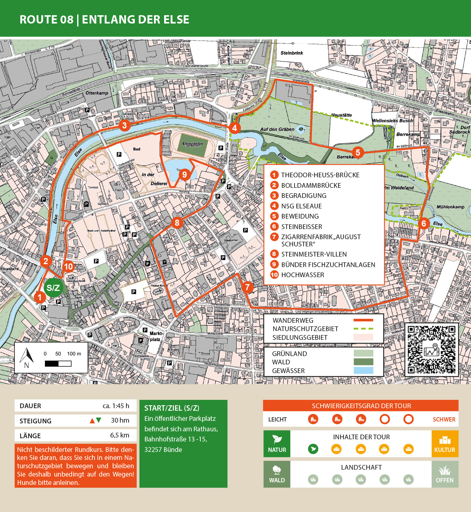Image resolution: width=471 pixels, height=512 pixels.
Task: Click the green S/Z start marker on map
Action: [53, 288]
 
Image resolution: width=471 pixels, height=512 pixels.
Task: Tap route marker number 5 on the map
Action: [358, 152]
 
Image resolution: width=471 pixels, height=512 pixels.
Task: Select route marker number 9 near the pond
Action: [184, 175]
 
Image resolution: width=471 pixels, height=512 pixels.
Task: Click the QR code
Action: [431, 350]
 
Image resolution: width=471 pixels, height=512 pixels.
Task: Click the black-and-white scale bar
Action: [58, 363]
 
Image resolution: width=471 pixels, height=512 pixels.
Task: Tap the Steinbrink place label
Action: [292, 53]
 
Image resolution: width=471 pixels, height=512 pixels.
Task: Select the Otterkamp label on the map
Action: [97, 93]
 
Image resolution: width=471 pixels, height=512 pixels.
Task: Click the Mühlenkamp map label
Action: [450, 207]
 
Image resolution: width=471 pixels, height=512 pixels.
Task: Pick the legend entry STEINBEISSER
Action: [301, 227]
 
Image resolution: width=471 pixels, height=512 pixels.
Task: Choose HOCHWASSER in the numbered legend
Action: [303, 275]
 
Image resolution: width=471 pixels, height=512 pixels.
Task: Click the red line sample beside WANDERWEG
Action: [363, 320]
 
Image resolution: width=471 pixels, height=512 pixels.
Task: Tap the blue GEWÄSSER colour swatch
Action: [363, 371]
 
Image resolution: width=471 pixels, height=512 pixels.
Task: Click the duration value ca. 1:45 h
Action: [116, 406]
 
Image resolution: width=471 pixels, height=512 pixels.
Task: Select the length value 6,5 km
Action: [120, 435]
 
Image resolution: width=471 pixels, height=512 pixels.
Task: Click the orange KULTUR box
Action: [445, 444]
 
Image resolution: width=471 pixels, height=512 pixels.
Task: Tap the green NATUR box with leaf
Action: [277, 444]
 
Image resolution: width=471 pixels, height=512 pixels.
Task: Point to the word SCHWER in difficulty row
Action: [444, 419]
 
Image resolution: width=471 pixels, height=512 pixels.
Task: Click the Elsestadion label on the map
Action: [193, 144]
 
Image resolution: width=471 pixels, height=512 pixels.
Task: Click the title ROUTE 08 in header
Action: [46, 20]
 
